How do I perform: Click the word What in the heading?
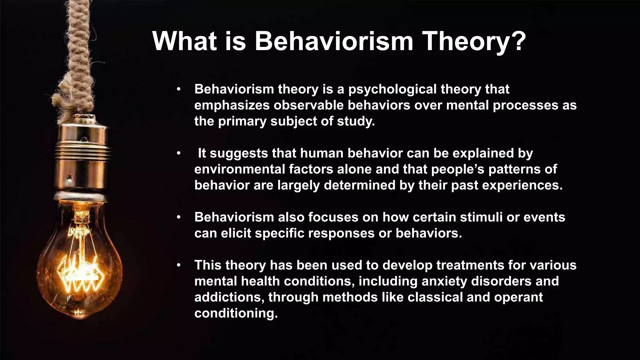[184, 42]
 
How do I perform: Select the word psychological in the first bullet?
[392, 90]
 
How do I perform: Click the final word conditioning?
[236, 313]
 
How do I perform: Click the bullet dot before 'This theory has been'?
[178, 265]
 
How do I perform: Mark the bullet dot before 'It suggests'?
[178, 153]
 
